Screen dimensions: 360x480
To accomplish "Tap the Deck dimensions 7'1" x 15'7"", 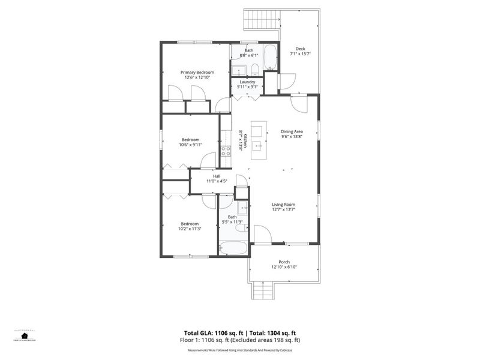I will click(300, 53).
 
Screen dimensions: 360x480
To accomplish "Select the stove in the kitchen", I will click(226, 151).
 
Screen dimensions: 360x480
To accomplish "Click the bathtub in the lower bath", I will click(232, 247).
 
